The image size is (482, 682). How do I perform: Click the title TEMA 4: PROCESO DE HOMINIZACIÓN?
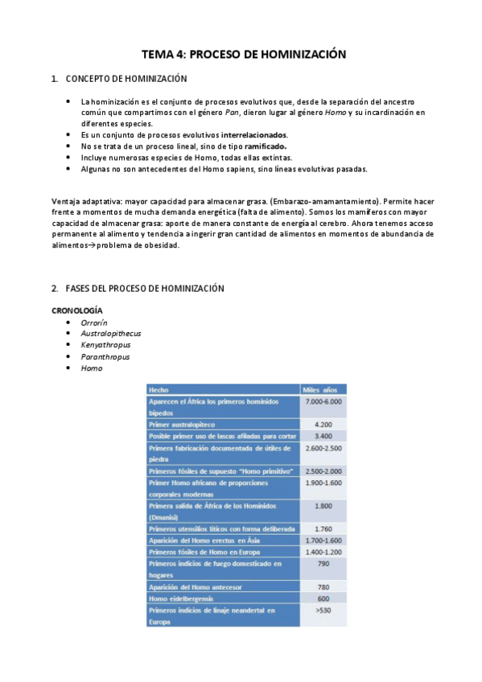click(243, 55)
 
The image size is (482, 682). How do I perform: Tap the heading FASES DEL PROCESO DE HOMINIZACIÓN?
click(144, 288)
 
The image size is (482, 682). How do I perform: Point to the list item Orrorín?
click(94, 322)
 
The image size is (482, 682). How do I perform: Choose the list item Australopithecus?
click(111, 333)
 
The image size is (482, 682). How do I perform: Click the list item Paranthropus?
click(105, 356)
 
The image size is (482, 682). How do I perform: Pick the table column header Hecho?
click(159, 389)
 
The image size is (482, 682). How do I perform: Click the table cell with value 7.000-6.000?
click(323, 401)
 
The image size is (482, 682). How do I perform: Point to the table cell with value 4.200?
click(323, 424)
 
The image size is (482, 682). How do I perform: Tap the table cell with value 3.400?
click(323, 435)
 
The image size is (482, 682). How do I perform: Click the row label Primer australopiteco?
click(182, 424)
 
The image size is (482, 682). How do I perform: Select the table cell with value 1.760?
click(323, 528)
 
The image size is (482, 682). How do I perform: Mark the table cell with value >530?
click(323, 610)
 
